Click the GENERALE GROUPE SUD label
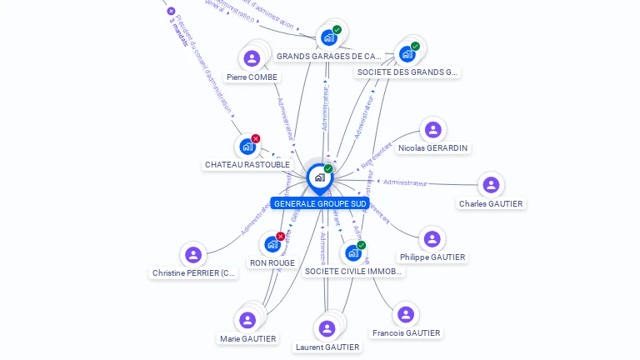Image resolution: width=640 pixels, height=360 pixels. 320,203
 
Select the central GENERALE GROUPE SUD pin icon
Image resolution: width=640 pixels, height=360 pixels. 319,177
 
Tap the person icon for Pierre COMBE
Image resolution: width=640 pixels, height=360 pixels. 252,58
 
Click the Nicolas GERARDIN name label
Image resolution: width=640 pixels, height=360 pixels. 432,148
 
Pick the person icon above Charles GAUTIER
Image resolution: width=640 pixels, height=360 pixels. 491,185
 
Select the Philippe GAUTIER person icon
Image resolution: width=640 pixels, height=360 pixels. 432,239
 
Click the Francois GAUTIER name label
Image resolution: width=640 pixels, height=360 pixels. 406,333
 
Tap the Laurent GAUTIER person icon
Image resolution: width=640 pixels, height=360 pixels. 327,328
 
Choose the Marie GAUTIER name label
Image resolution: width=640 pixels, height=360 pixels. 247,339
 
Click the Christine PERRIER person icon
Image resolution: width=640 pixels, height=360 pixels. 193,254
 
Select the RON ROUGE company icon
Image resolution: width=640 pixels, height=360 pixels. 272,244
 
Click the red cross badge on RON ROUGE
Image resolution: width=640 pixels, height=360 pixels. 281,236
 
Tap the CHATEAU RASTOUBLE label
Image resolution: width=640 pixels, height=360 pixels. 247,165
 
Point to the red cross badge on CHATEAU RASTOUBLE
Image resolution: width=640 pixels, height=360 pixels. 256,138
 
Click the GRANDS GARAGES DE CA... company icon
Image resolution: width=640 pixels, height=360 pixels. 328,37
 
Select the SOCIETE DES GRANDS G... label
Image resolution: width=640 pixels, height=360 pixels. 407,72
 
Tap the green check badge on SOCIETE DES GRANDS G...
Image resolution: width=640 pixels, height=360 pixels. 415,47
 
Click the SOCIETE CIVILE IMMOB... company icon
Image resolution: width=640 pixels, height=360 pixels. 353,252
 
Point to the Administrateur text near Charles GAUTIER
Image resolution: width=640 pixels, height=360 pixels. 405,182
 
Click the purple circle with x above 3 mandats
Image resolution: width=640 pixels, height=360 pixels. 171,11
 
